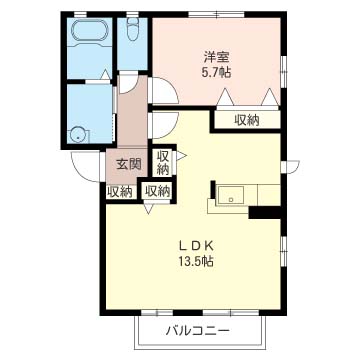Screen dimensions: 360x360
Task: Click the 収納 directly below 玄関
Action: (x=120, y=191)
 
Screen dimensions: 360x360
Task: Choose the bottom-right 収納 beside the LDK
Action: (x=157, y=191)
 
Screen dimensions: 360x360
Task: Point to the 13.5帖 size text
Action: (x=197, y=262)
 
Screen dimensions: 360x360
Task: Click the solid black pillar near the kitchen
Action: (x=262, y=211)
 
